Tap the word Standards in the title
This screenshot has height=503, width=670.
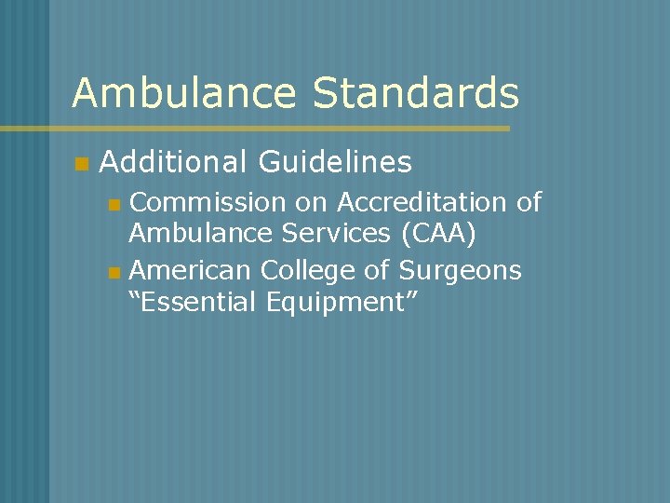[416, 94]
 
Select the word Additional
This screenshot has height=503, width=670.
[173, 163]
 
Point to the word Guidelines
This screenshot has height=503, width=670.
[334, 163]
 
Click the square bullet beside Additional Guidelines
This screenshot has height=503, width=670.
[81, 165]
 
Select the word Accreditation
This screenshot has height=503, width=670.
[422, 202]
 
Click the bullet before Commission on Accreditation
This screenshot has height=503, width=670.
[114, 204]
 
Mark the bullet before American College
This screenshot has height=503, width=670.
[114, 273]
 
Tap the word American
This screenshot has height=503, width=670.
[191, 271]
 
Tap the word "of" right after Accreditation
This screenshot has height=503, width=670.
[528, 202]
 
